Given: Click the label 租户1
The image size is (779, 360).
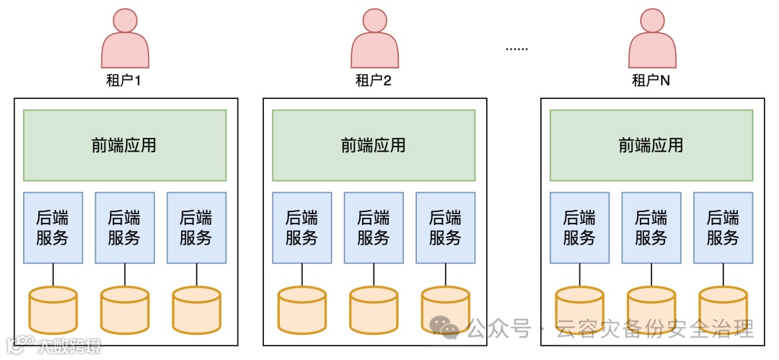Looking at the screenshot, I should click(x=123, y=80).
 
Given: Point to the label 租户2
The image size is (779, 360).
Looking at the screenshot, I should click(x=373, y=80).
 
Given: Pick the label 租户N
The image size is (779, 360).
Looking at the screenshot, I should click(x=651, y=80).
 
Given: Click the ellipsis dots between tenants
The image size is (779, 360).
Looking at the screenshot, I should click(x=516, y=49).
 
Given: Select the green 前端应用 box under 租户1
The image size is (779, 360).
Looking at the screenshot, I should click(x=125, y=145).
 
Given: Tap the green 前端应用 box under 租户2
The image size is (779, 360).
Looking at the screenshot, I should click(x=374, y=145).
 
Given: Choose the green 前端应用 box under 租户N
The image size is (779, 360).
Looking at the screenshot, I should click(x=651, y=145).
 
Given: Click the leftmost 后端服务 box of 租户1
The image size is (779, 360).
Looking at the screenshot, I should click(x=53, y=227).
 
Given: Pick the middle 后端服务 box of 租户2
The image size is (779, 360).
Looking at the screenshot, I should click(x=374, y=227).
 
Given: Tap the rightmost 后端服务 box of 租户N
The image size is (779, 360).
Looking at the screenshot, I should click(x=723, y=227).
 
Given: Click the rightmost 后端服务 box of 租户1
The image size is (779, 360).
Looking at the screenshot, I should click(x=196, y=227).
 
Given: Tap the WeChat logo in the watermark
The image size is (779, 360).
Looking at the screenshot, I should click(x=444, y=328).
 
